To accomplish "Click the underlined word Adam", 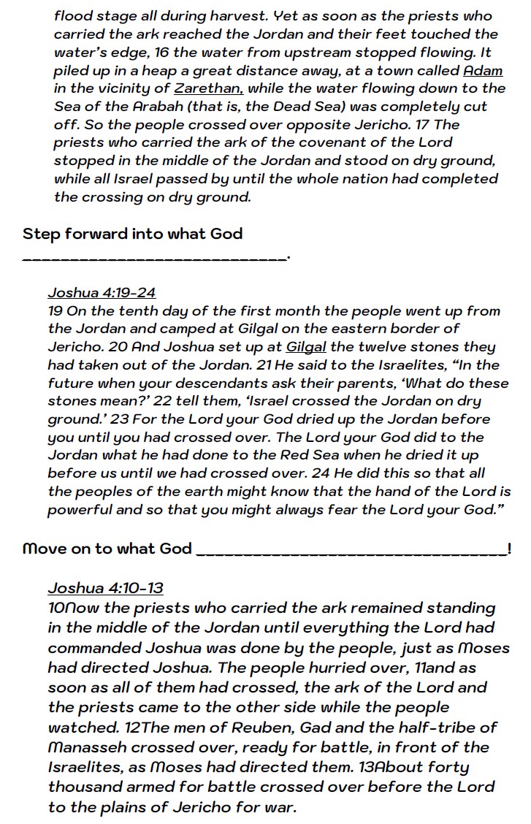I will (483, 71).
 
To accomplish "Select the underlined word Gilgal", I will (306, 347).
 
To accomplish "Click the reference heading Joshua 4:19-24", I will (102, 293).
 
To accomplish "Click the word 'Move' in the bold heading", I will (45, 549).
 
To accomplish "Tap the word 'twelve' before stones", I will (389, 347).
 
